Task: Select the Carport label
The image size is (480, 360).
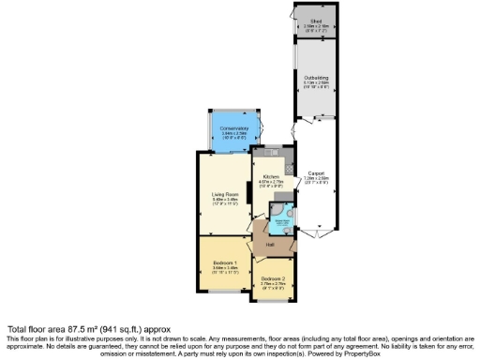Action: tap(315, 172)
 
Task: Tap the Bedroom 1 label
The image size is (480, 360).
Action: tap(225, 262)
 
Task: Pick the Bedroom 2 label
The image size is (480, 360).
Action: tap(273, 279)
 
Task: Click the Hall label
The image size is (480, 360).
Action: tap(269, 246)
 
